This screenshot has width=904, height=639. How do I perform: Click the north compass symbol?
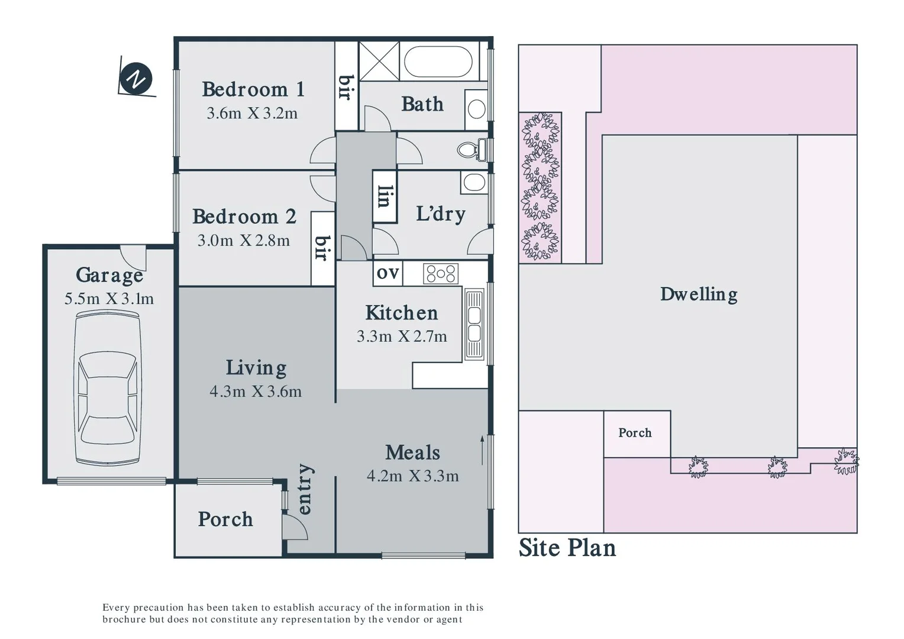pos(136,79)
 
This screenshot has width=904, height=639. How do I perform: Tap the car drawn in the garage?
pos(109,388)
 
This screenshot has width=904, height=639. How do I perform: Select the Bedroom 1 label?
pos(253,89)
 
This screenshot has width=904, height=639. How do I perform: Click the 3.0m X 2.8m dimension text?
pos(243,240)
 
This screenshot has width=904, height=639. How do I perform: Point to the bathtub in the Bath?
pos(438,62)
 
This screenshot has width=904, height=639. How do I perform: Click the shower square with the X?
pos(379,60)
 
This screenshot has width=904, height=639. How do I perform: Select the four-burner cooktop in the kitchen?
pos(441,273)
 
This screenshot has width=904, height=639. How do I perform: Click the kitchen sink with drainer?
pos(474,324)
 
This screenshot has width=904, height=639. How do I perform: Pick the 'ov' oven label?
pos(388,273)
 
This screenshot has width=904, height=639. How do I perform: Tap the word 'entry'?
pos(304,489)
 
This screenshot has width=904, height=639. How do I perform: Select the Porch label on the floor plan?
pos(225,519)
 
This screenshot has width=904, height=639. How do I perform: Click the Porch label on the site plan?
pos(635,433)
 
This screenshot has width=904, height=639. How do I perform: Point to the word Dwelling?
pos(699,294)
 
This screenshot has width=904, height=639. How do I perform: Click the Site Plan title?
pos(567,548)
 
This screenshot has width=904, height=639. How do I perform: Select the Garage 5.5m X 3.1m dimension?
pos(109,299)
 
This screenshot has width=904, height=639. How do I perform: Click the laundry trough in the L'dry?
pos(474,183)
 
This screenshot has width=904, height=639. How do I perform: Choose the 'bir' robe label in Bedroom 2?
pos(322,248)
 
